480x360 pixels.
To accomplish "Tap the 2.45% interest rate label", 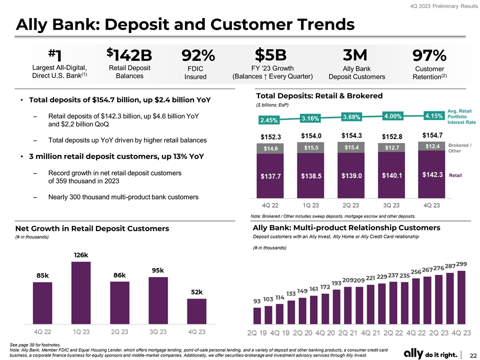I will click(x=268, y=120).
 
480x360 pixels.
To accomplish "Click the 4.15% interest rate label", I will click(x=433, y=115).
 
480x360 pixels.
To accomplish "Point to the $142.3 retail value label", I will click(x=432, y=175).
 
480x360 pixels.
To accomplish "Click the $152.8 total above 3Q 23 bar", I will click(x=392, y=136).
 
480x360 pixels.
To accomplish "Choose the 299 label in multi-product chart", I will click(x=461, y=264).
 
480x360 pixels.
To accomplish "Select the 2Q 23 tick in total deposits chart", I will click(x=351, y=205).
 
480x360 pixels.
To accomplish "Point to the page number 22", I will click(x=472, y=353).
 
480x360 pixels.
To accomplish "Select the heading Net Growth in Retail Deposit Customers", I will click(x=92, y=228).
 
